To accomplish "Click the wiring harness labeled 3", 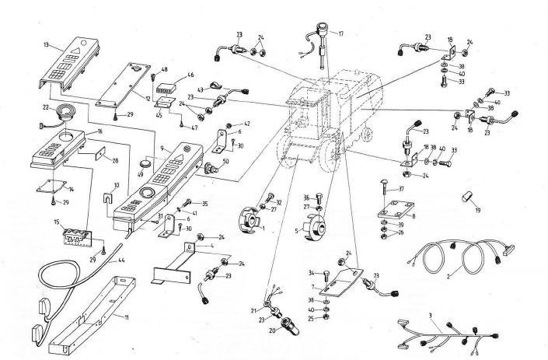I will coord(459,336).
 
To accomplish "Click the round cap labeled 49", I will coord(145,164).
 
